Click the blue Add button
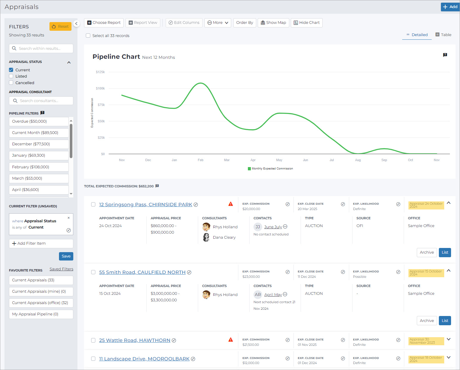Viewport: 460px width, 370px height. [450, 7]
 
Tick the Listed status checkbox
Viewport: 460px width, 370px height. [11, 76]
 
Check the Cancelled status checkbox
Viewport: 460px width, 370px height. [11, 83]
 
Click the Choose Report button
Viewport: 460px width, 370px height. [104, 23]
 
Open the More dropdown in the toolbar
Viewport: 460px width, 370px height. [217, 23]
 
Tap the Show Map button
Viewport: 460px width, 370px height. [273, 23]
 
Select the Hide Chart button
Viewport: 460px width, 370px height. [307, 23]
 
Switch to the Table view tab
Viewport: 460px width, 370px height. [444, 35]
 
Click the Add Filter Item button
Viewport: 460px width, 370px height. [41, 243]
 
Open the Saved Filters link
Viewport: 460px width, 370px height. [61, 269]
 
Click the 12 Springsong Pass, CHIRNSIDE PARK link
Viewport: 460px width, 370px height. [146, 205]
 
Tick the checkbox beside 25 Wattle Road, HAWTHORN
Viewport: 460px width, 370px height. [93, 340]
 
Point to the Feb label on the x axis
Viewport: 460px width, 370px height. [201, 160]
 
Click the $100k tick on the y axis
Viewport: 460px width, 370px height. [100, 88]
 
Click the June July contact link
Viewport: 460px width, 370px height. [273, 227]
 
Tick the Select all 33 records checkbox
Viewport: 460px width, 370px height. [88, 36]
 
